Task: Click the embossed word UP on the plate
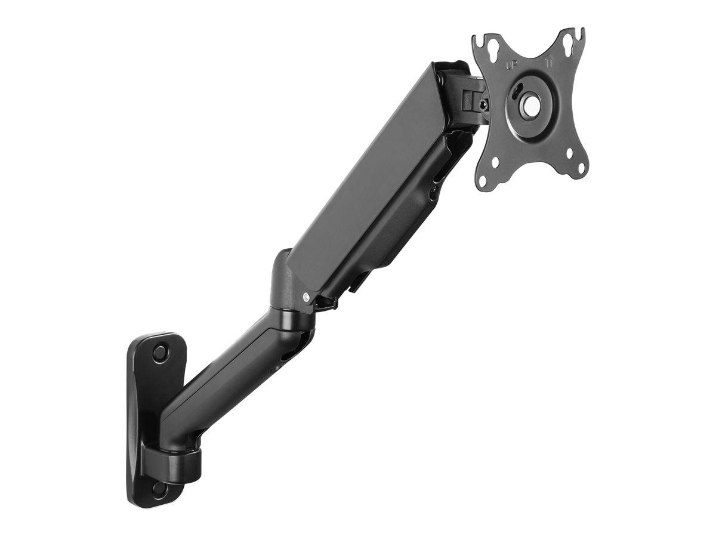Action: (512, 64)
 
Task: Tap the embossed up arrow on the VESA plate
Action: (549, 62)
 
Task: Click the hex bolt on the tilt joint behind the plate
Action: (482, 105)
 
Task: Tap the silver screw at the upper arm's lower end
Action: (306, 297)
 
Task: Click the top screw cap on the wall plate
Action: (159, 352)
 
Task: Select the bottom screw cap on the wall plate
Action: (158, 489)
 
